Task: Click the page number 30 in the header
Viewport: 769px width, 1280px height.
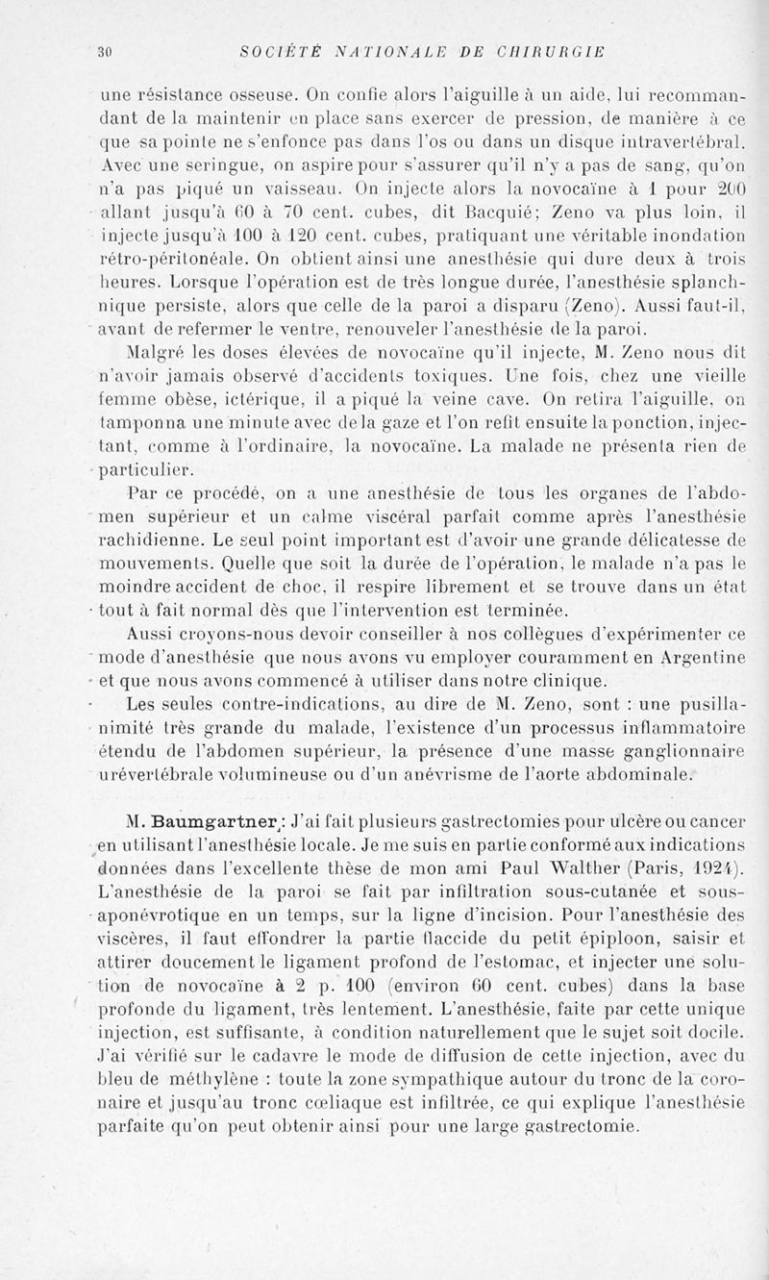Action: click(106, 51)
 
